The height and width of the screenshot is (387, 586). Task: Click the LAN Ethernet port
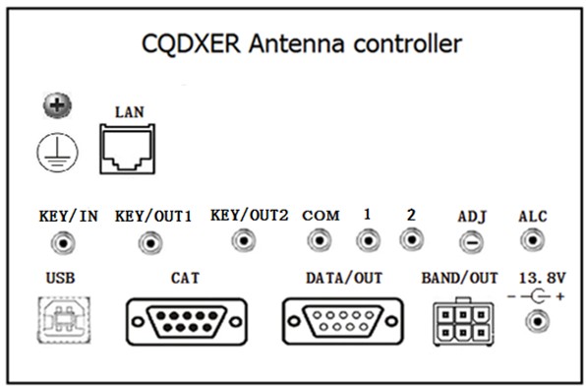(x=128, y=149)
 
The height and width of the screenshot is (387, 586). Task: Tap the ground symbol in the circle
(x=57, y=153)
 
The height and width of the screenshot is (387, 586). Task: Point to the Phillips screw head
(x=57, y=105)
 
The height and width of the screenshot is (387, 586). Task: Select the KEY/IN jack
(x=63, y=243)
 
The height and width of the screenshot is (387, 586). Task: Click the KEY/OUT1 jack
(x=150, y=243)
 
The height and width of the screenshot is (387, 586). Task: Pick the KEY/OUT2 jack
(x=244, y=240)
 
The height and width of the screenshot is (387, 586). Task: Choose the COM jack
(x=320, y=240)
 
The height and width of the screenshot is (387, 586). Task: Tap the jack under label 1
(x=368, y=240)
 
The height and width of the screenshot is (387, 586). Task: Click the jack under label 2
(x=411, y=239)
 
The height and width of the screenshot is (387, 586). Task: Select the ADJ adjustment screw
(x=471, y=242)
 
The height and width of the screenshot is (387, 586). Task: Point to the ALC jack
(x=532, y=240)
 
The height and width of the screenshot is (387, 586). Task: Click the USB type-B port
(x=64, y=320)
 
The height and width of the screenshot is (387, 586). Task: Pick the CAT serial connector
(x=187, y=321)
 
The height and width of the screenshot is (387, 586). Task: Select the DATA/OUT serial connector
(x=343, y=321)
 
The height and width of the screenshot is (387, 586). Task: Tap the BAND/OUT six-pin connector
(x=463, y=322)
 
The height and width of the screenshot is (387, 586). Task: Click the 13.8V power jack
(x=538, y=321)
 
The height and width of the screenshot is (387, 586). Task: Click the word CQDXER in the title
(x=191, y=44)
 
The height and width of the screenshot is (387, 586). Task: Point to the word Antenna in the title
(x=296, y=43)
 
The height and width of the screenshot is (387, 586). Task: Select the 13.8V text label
(x=543, y=278)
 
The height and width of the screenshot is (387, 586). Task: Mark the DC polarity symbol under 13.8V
(x=536, y=296)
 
